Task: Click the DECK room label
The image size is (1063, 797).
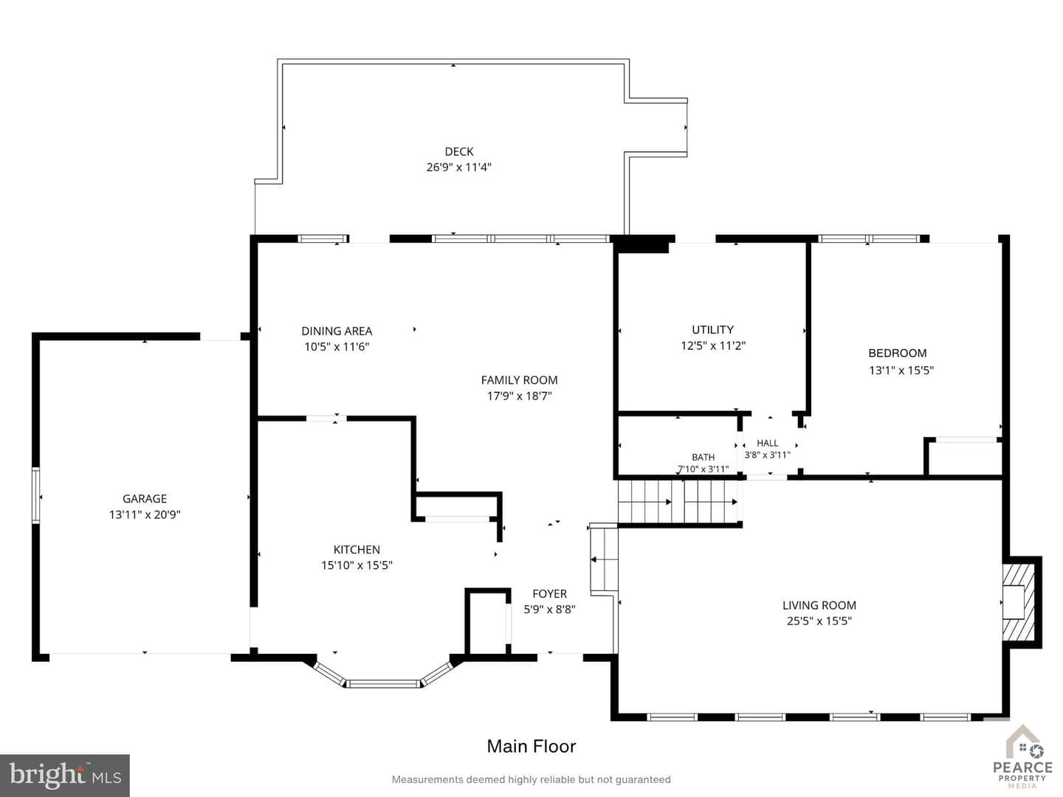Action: click(x=458, y=151)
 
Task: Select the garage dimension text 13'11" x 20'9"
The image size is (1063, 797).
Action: click(x=144, y=514)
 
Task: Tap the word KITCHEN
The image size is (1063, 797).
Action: click(x=357, y=549)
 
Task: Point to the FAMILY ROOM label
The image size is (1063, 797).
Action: click(x=519, y=380)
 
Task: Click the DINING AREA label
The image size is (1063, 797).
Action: click(x=337, y=331)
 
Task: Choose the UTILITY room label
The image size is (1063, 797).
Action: click(x=712, y=330)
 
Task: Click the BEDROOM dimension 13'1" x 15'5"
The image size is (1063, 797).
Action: click(x=901, y=370)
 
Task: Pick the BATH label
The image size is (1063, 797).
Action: click(x=703, y=457)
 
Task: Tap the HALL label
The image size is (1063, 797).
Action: click(x=767, y=443)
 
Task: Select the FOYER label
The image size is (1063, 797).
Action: click(x=549, y=594)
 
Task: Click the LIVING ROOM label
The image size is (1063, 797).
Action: click(x=819, y=605)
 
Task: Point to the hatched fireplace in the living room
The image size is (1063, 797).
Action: click(x=1019, y=602)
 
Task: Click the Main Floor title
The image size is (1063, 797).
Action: click(x=531, y=746)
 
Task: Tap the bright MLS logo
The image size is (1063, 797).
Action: click(x=65, y=775)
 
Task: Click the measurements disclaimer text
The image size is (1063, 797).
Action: click(x=531, y=779)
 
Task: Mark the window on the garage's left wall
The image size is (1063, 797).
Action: click(x=36, y=495)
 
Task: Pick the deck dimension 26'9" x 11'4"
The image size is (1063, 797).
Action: click(x=458, y=168)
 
